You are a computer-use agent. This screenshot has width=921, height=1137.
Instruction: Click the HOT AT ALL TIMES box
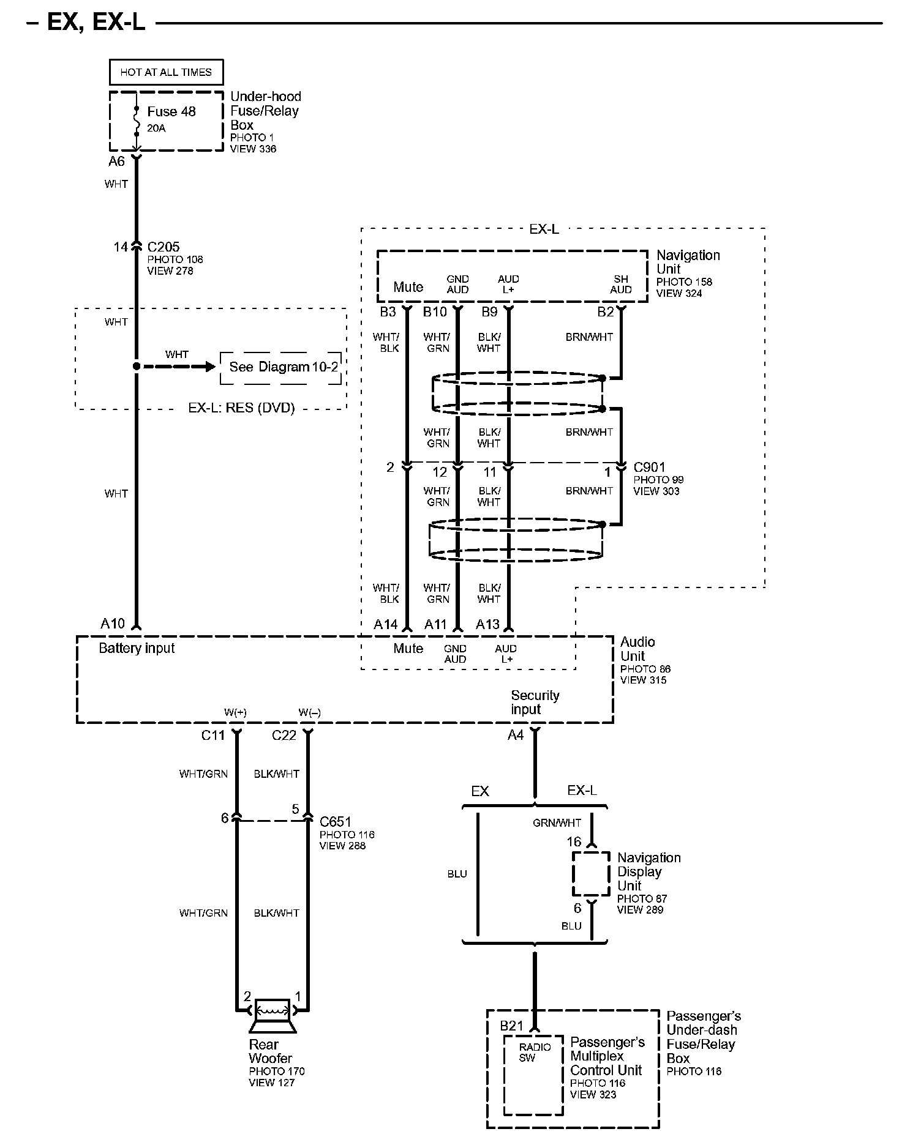[x=166, y=72]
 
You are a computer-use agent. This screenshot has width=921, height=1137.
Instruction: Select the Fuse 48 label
[x=171, y=111]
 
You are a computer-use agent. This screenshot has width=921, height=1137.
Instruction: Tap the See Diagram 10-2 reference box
[x=281, y=368]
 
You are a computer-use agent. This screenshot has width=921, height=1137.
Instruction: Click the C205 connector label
[x=164, y=247]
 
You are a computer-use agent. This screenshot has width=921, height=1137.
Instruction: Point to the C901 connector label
[x=649, y=468]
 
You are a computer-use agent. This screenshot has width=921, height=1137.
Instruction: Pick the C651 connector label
[x=336, y=822]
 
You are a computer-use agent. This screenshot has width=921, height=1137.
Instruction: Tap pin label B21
[x=512, y=1026]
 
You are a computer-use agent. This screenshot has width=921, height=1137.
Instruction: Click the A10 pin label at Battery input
[x=113, y=624]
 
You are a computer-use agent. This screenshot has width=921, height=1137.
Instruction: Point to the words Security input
[x=535, y=703]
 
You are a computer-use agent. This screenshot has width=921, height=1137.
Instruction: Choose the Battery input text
[x=137, y=649]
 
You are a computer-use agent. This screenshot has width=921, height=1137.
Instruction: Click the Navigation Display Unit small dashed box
[x=591, y=874]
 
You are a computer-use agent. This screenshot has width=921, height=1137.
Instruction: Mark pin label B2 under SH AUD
[x=605, y=312]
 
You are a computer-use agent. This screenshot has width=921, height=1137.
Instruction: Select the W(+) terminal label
[x=235, y=712]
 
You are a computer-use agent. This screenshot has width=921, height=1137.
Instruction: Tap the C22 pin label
[x=284, y=735]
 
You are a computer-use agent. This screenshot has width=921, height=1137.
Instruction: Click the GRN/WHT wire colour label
[x=557, y=823]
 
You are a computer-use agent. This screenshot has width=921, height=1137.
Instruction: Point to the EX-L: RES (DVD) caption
[x=241, y=408]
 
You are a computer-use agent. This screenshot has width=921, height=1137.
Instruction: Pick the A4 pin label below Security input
[x=516, y=735]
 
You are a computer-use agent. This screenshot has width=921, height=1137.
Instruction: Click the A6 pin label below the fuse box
[x=117, y=162]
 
